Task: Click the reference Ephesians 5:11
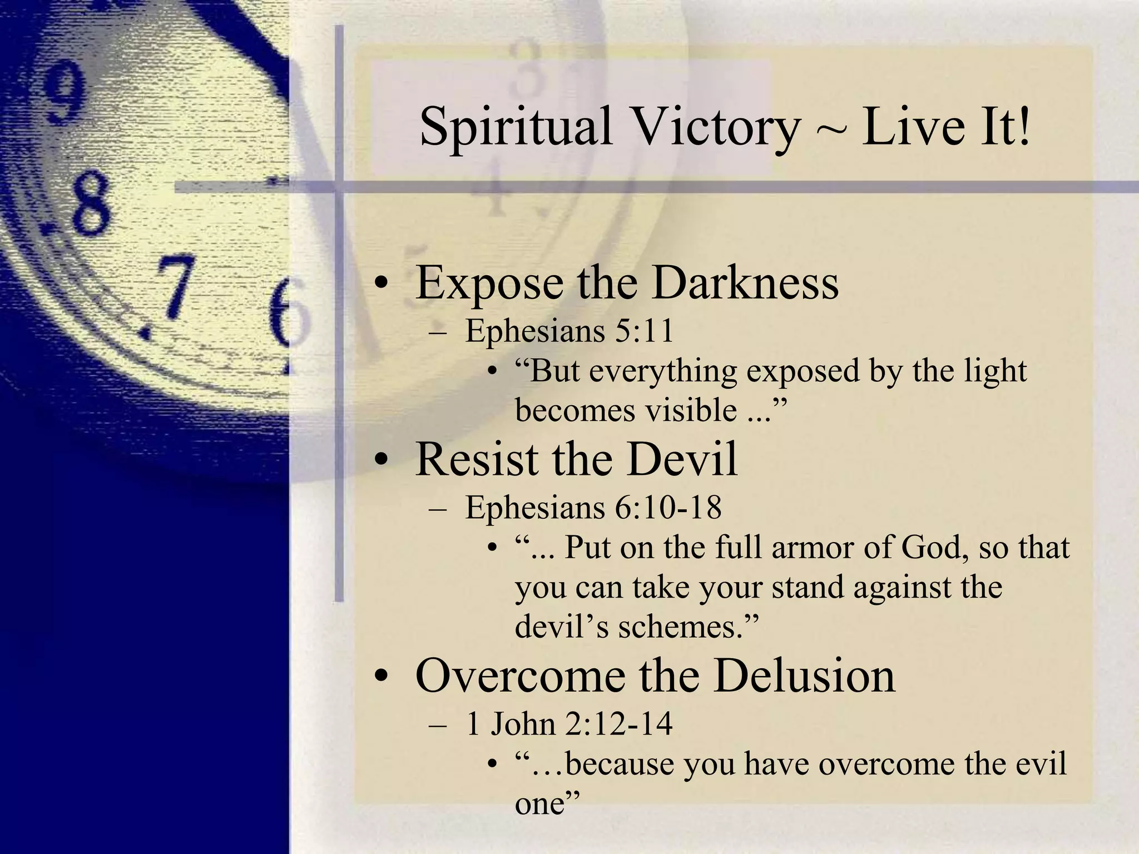[569, 331]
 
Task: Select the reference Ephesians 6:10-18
[593, 507]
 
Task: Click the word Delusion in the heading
[804, 676]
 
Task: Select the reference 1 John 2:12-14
[569, 724]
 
